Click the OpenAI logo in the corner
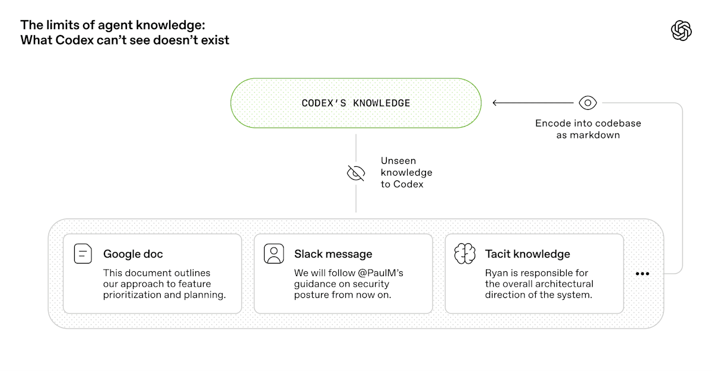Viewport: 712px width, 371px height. coord(681,30)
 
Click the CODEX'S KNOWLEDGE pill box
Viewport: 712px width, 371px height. coord(355,103)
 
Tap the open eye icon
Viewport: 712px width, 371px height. coord(587,103)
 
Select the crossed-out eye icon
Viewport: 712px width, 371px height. coord(355,173)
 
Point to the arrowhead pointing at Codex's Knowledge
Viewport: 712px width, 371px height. coord(495,103)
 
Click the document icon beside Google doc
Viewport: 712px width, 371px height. coord(83,253)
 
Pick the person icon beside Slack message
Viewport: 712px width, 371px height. coord(274,253)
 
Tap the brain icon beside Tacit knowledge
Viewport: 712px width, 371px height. coord(465,253)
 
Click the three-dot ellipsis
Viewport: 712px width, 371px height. coord(643,274)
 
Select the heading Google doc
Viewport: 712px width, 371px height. coord(133,254)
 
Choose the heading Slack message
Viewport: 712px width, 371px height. coord(333,254)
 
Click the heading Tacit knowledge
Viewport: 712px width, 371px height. coord(527,254)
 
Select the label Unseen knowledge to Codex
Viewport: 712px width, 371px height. coord(406,173)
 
